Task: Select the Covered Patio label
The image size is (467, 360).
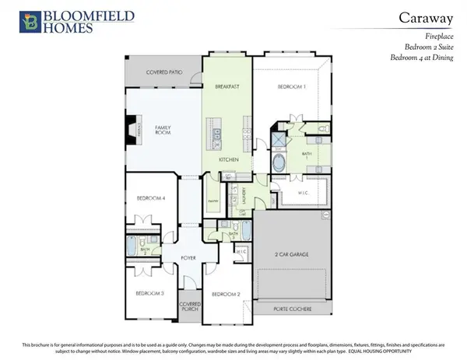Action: pyautogui.click(x=164, y=72)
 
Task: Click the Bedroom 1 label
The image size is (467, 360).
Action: pyautogui.click(x=293, y=87)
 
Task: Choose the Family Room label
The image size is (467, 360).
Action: pyautogui.click(x=163, y=130)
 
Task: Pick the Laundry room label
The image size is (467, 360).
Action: pyautogui.click(x=245, y=194)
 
